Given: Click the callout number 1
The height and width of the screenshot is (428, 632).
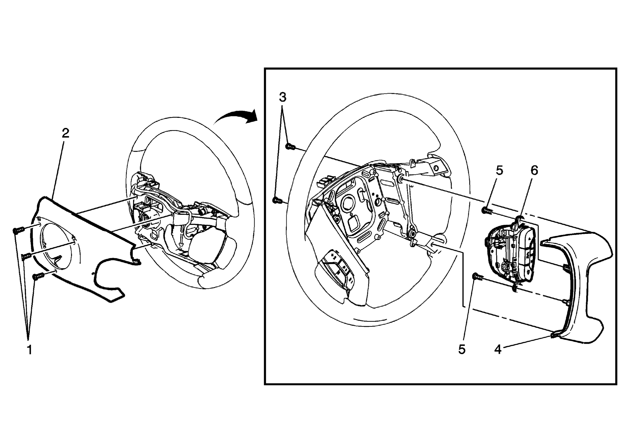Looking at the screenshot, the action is coord(29,350).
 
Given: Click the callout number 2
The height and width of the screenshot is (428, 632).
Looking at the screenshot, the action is coord(65,133).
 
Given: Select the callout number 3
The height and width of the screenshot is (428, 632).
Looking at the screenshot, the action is coord(282,97).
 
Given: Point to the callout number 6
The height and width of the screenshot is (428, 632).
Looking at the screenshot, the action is coord(534,170).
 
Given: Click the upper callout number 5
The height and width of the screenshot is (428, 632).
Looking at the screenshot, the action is coord(499,170).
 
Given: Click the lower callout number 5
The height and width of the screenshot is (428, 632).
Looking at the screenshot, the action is coord(462,350).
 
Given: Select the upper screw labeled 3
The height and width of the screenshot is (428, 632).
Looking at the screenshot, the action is coord(290,146).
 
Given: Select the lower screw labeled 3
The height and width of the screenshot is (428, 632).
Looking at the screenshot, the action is coord(277,201).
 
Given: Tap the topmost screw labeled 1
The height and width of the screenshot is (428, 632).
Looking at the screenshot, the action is coord(18,230).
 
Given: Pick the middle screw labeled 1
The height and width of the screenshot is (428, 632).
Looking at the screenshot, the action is coord(27,256).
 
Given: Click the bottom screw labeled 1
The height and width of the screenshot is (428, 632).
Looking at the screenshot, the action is coord(38,276).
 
